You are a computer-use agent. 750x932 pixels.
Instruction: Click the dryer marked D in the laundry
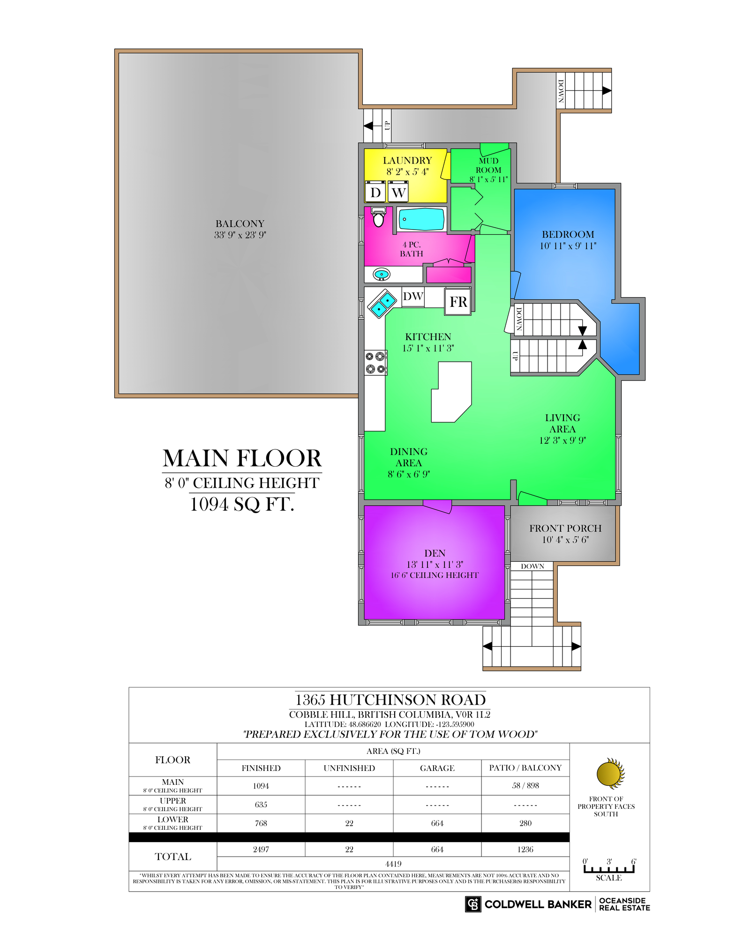click(375, 192)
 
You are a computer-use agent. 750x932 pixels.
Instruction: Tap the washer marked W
click(398, 192)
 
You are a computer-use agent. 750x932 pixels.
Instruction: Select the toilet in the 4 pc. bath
click(378, 217)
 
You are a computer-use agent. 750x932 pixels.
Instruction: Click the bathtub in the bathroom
click(421, 219)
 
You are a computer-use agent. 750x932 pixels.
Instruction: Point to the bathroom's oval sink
click(382, 274)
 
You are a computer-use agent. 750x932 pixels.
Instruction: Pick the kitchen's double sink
click(383, 303)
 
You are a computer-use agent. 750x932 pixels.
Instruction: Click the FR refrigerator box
click(458, 301)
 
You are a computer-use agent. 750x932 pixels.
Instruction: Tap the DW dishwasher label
click(413, 296)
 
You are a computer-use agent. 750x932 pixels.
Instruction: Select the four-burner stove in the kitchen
click(375, 363)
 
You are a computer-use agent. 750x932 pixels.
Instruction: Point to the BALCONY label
click(240, 224)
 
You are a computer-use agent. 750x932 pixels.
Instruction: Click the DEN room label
click(435, 553)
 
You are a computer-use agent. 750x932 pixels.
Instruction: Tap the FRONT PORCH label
click(565, 528)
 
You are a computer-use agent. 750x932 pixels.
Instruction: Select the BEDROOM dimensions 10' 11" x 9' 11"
click(568, 246)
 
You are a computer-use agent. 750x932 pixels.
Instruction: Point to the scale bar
click(609, 869)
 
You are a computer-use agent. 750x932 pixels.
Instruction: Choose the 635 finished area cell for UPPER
click(261, 805)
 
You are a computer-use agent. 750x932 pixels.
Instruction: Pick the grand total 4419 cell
click(393, 864)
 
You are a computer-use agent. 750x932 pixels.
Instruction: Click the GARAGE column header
click(437, 768)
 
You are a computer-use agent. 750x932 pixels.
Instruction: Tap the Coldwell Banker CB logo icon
click(473, 904)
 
